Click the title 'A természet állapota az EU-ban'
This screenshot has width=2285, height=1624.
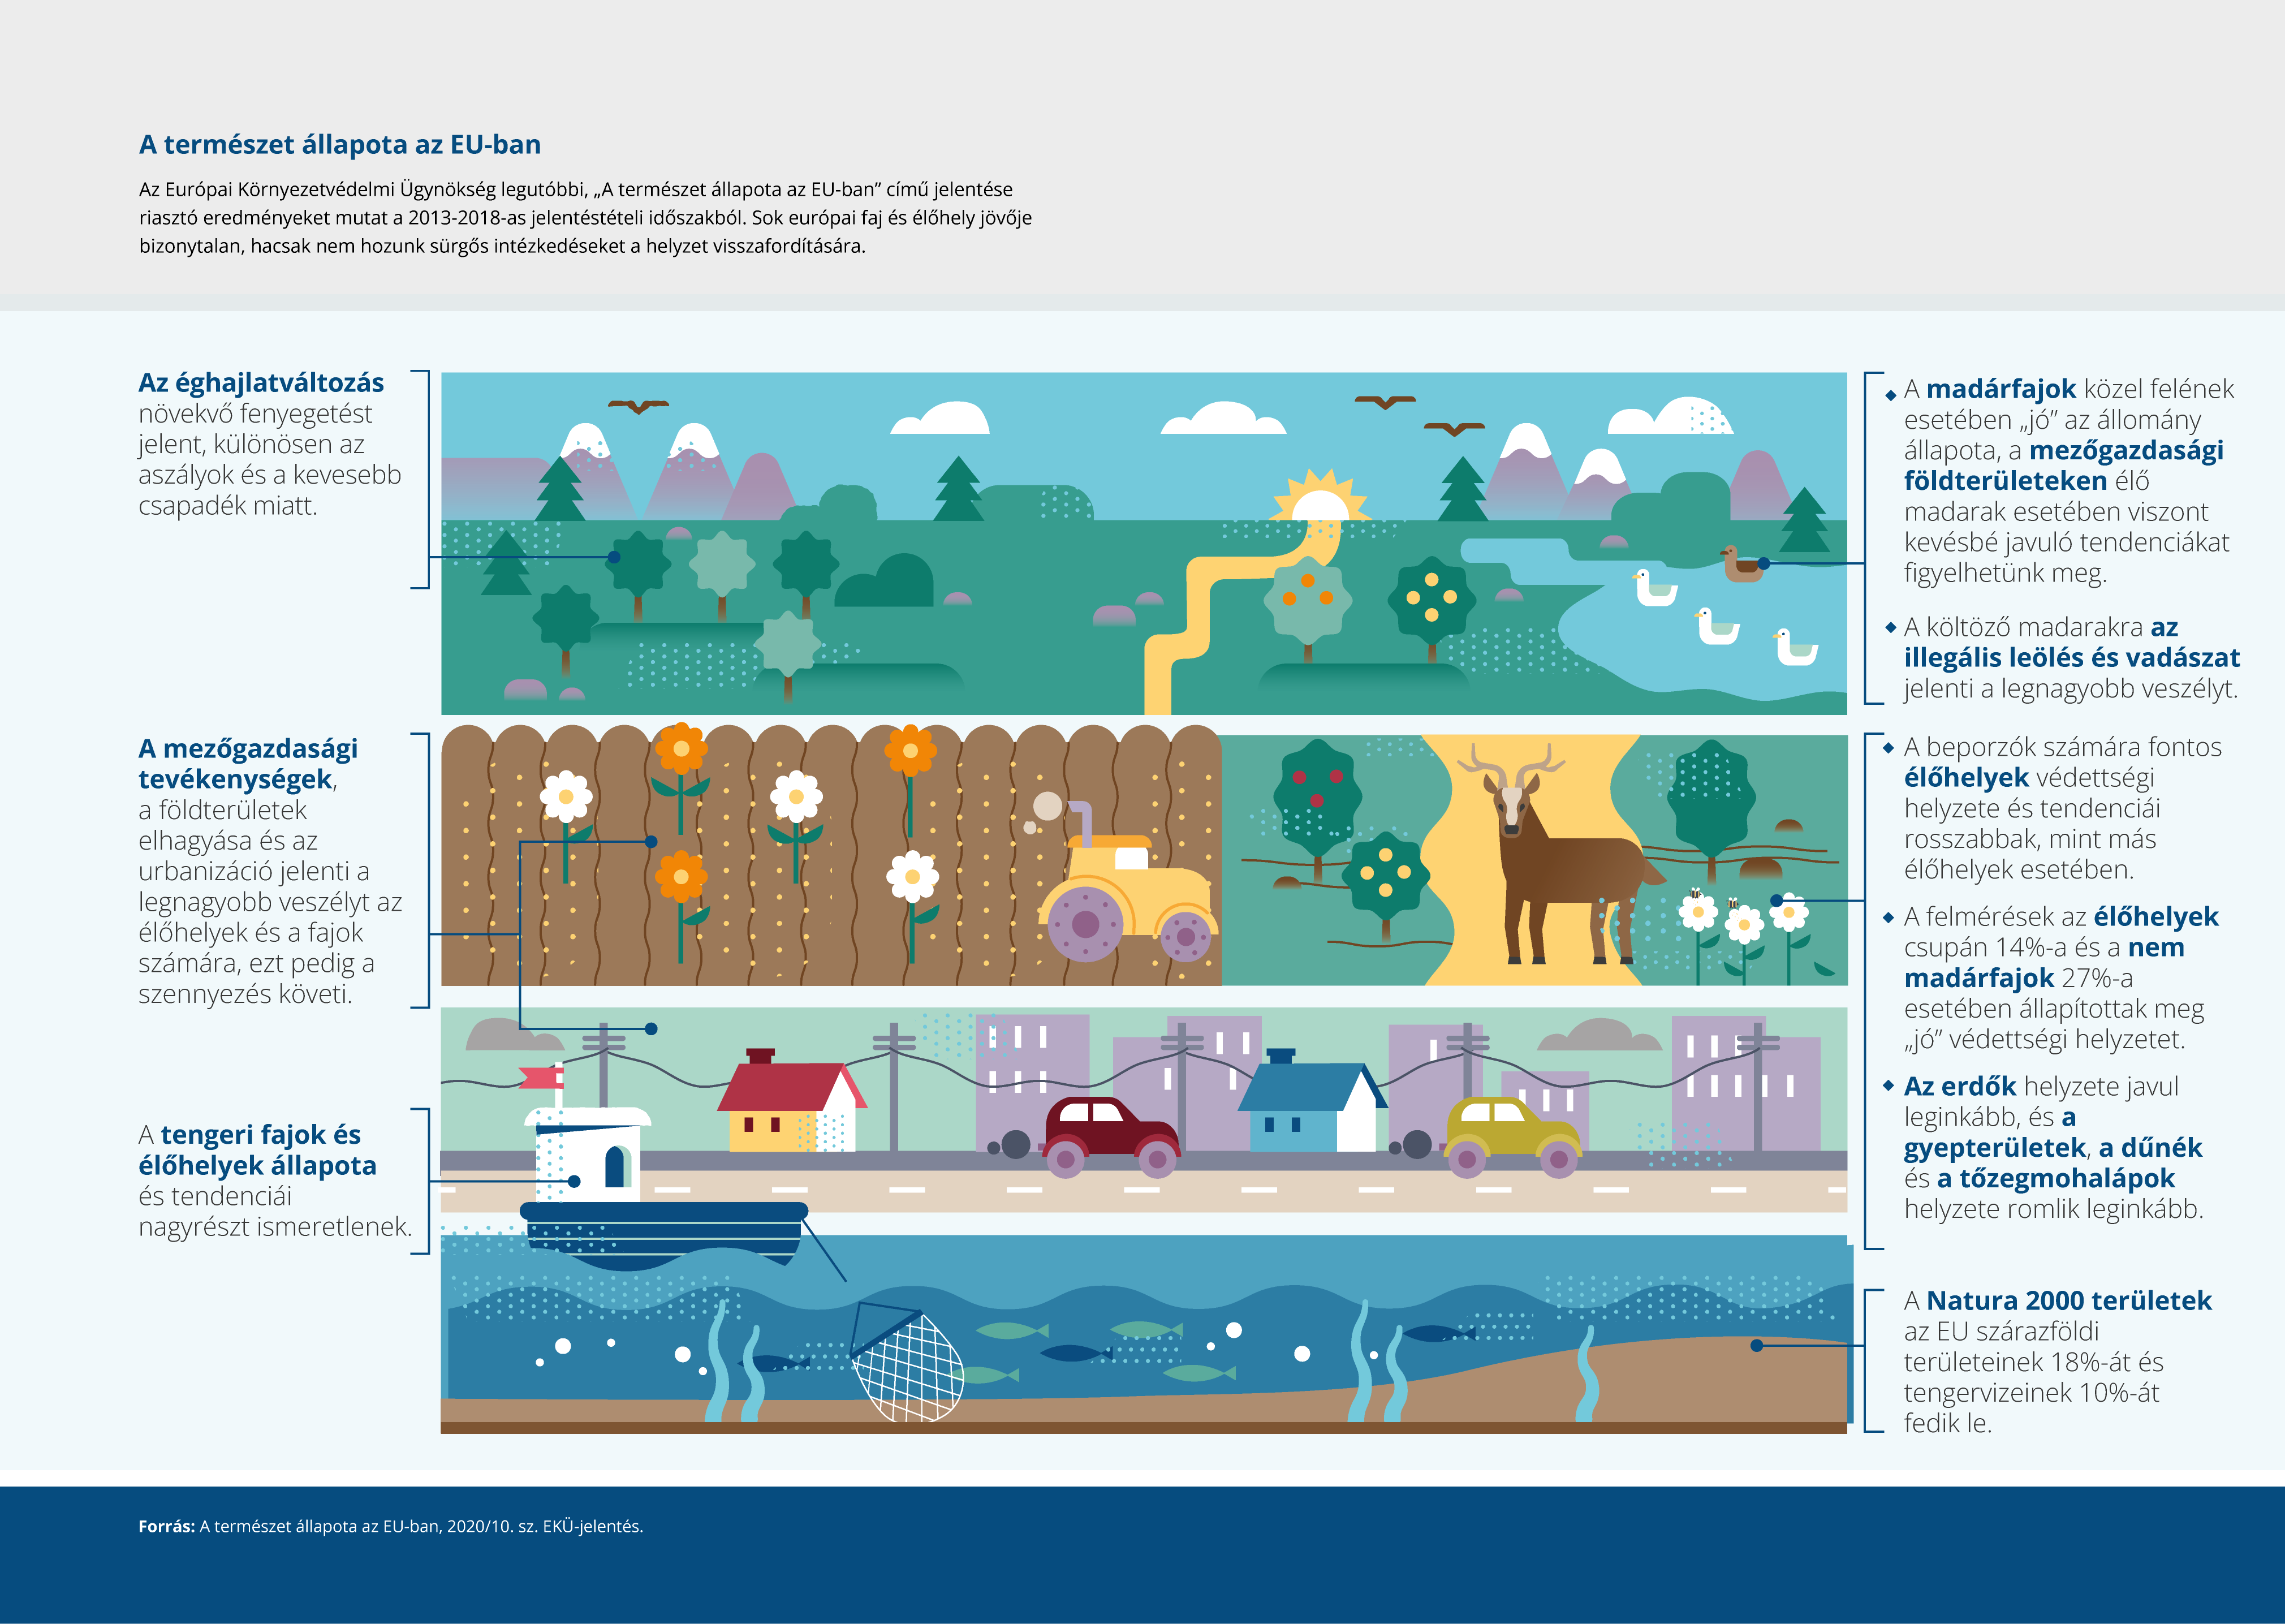pos(340,145)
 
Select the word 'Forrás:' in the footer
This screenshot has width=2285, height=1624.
pos(166,1526)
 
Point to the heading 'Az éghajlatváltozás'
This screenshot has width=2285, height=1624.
pos(261,383)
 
